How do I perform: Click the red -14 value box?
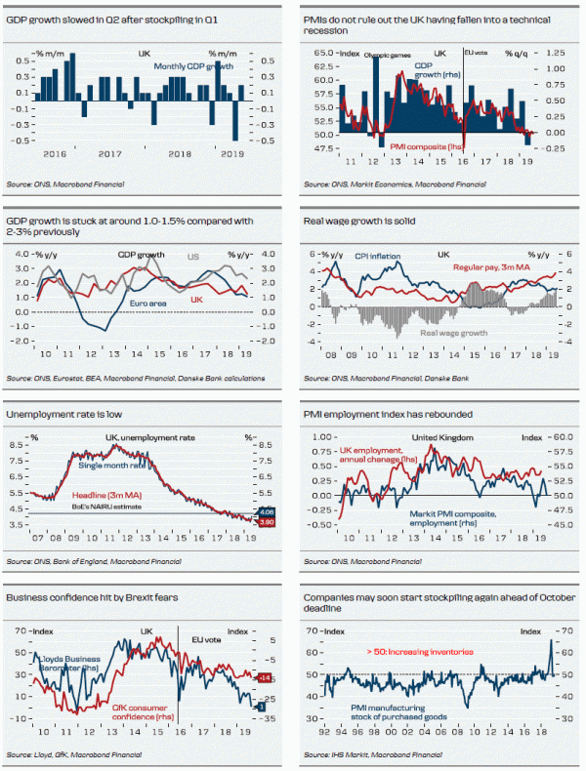(265, 675)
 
